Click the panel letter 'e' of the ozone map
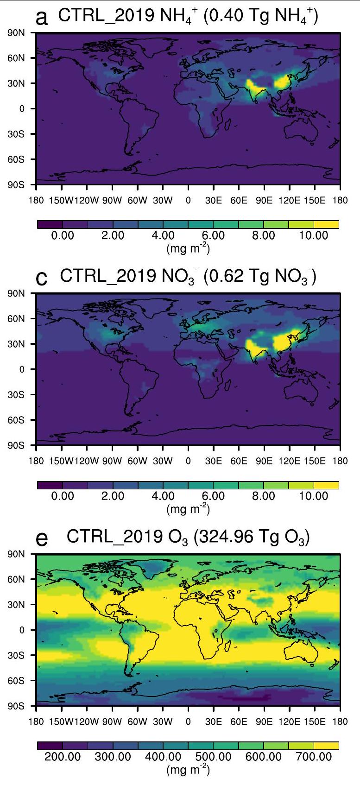41,540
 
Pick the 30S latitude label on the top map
19,134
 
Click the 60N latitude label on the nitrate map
19,319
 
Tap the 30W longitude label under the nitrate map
163,461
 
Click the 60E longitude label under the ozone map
239,722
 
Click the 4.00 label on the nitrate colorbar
163,496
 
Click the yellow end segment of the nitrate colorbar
326,486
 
